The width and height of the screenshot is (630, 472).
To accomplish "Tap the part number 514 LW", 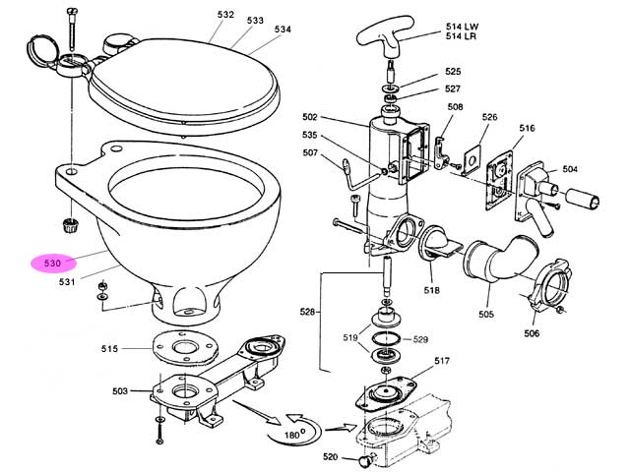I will pyautogui.click(x=460, y=27).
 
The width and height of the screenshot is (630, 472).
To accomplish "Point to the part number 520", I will pyautogui.click(x=331, y=456).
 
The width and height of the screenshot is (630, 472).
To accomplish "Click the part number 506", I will pyautogui.click(x=531, y=333).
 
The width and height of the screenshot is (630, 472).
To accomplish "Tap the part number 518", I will pyautogui.click(x=431, y=292).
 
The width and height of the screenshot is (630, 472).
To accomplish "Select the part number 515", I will pyautogui.click(x=109, y=349).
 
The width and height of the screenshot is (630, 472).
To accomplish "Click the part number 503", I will pyautogui.click(x=119, y=392).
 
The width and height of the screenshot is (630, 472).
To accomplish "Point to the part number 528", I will pyautogui.click(x=307, y=313).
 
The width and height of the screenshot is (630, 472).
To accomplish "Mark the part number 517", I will pyautogui.click(x=441, y=360).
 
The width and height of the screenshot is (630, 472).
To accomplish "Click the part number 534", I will pyautogui.click(x=283, y=29).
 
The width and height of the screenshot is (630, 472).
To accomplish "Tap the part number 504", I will pyautogui.click(x=569, y=170).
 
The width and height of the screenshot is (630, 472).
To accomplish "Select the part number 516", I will pyautogui.click(x=528, y=128).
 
